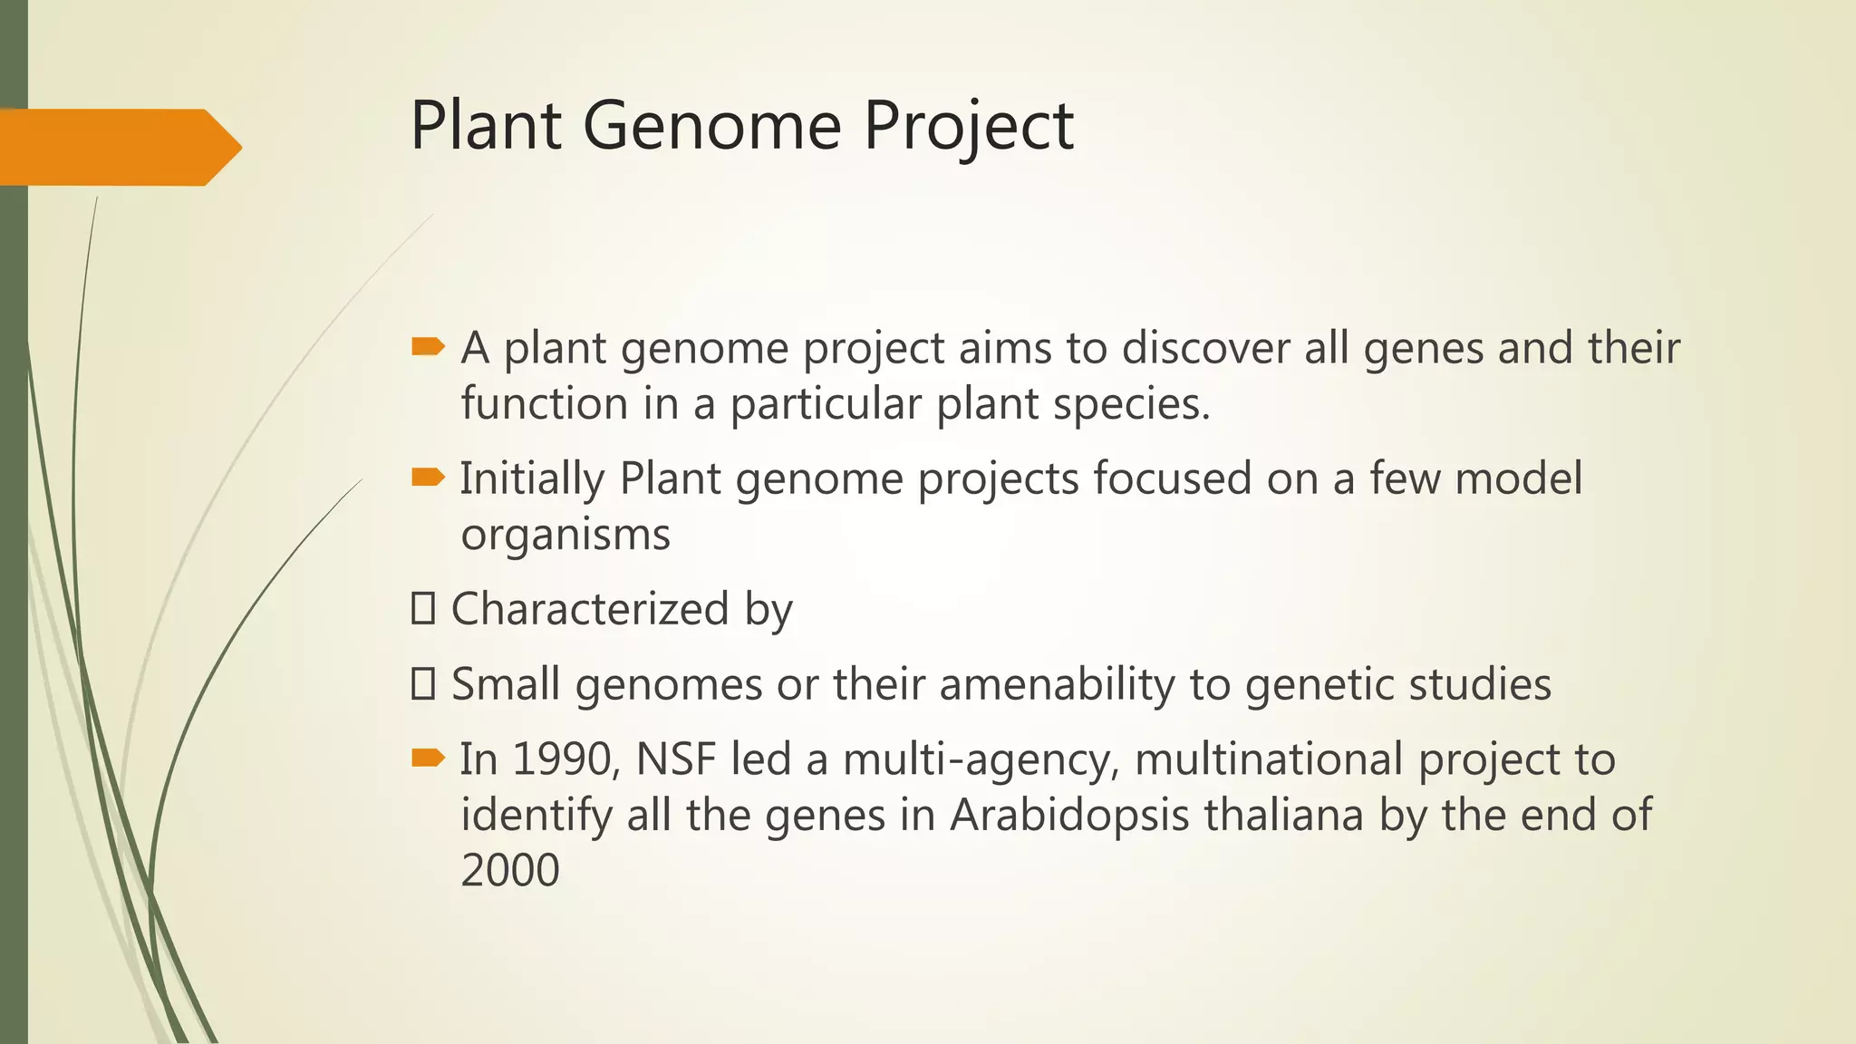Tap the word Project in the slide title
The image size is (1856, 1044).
[x=968, y=125]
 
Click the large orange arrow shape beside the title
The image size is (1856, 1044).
[x=118, y=147]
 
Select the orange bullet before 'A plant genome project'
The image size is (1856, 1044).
[x=428, y=346]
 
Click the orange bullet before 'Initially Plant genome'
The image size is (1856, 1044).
[x=428, y=477]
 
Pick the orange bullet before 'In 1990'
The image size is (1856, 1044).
[x=428, y=758]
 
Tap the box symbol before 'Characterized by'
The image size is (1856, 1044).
[x=422, y=608]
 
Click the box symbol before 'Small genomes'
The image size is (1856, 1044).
[x=422, y=683]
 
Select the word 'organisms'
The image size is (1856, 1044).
[x=565, y=535]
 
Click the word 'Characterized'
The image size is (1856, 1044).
[x=590, y=608]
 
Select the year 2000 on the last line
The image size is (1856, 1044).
[x=510, y=870]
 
